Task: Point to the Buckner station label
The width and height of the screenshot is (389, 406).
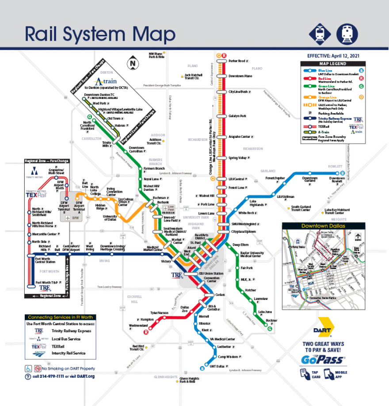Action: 271,320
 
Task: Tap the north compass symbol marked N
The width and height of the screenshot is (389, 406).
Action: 132,63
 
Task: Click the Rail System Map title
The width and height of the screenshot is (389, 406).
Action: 100,34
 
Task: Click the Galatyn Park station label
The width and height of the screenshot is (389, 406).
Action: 237,116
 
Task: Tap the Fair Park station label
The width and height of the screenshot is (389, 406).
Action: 246,268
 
